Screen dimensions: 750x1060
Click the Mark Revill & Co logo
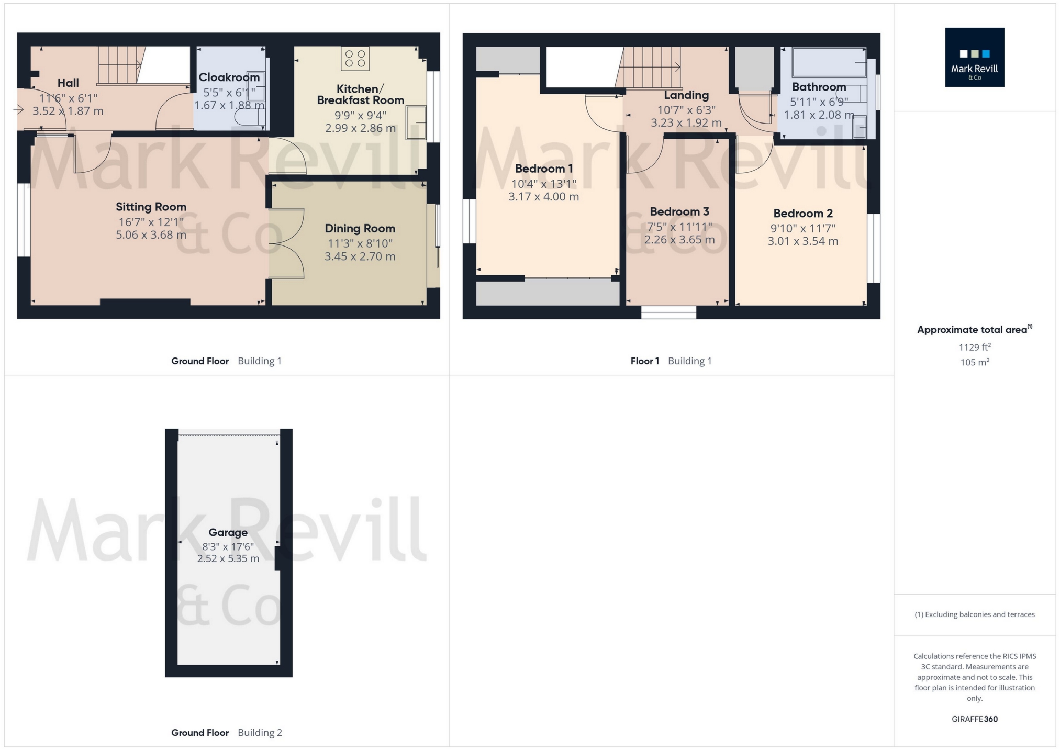[x=974, y=57]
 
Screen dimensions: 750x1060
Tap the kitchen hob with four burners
[x=354, y=59]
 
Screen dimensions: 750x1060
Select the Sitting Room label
[x=151, y=207]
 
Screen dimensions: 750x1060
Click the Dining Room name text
[x=360, y=228]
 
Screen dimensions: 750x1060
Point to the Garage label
[x=228, y=532]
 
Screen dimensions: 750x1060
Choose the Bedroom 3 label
[x=679, y=211]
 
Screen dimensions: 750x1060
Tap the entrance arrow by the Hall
[x=18, y=109]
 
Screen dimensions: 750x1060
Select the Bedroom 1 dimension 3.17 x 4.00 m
[x=543, y=197]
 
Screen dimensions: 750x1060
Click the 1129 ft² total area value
[x=974, y=347]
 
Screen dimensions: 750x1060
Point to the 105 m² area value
[x=974, y=362]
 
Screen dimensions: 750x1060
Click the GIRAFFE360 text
[x=974, y=719]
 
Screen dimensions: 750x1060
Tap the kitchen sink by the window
[x=416, y=123]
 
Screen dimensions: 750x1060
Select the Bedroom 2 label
[x=802, y=213]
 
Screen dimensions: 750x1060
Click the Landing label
[x=686, y=95]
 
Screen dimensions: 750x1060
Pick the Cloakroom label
[x=229, y=77]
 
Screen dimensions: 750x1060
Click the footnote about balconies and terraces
[x=974, y=614]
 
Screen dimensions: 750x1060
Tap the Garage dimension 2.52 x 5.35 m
[x=228, y=558]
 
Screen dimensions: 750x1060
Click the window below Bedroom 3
[x=668, y=312]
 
